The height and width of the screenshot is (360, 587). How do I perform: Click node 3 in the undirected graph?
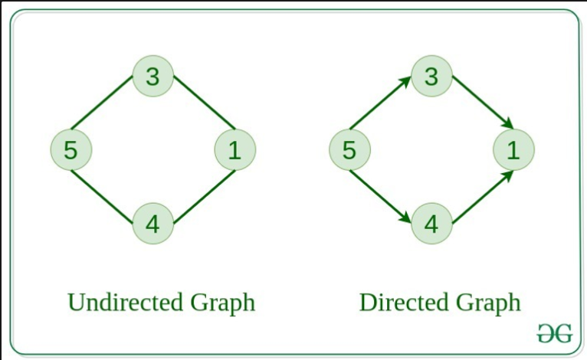pos(152,76)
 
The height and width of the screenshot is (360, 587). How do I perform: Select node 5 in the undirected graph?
pos(71,149)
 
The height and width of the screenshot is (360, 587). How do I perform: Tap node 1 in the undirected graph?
pos(234,149)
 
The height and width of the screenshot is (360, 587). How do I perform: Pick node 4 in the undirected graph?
pos(152,224)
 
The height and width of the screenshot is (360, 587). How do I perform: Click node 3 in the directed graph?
pos(431,76)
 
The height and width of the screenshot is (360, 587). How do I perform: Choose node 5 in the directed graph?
pos(349,149)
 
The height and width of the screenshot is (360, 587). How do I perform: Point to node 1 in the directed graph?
pos(513,149)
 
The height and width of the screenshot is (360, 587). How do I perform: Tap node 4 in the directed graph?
pos(431,224)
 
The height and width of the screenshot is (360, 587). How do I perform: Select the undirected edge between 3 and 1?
pos(204,102)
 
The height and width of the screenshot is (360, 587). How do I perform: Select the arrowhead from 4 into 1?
pos(507,175)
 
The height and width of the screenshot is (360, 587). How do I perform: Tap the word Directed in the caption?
pos(403,302)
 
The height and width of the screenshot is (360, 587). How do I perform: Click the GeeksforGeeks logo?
pos(553,332)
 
